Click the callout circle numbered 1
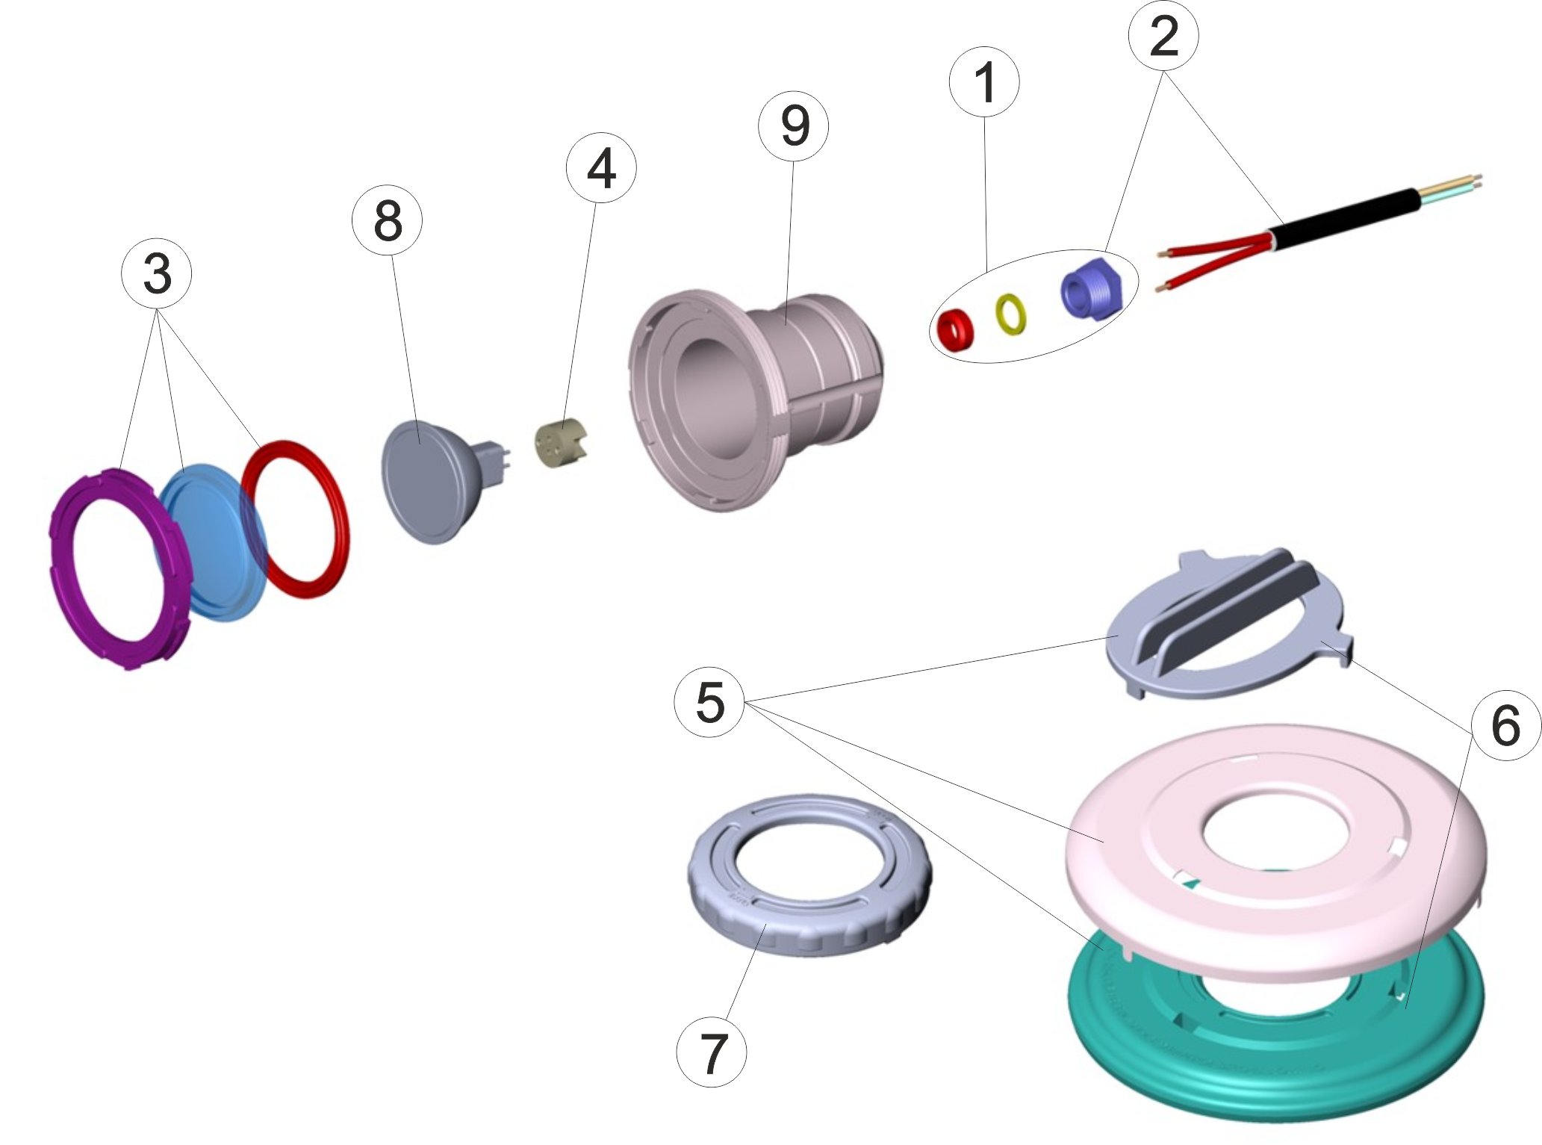point(984,83)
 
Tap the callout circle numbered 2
point(1163,36)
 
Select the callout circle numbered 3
point(156,274)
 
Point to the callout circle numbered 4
point(601,170)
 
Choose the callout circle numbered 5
point(709,702)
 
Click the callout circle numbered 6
point(1505,725)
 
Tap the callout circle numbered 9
point(793,126)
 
